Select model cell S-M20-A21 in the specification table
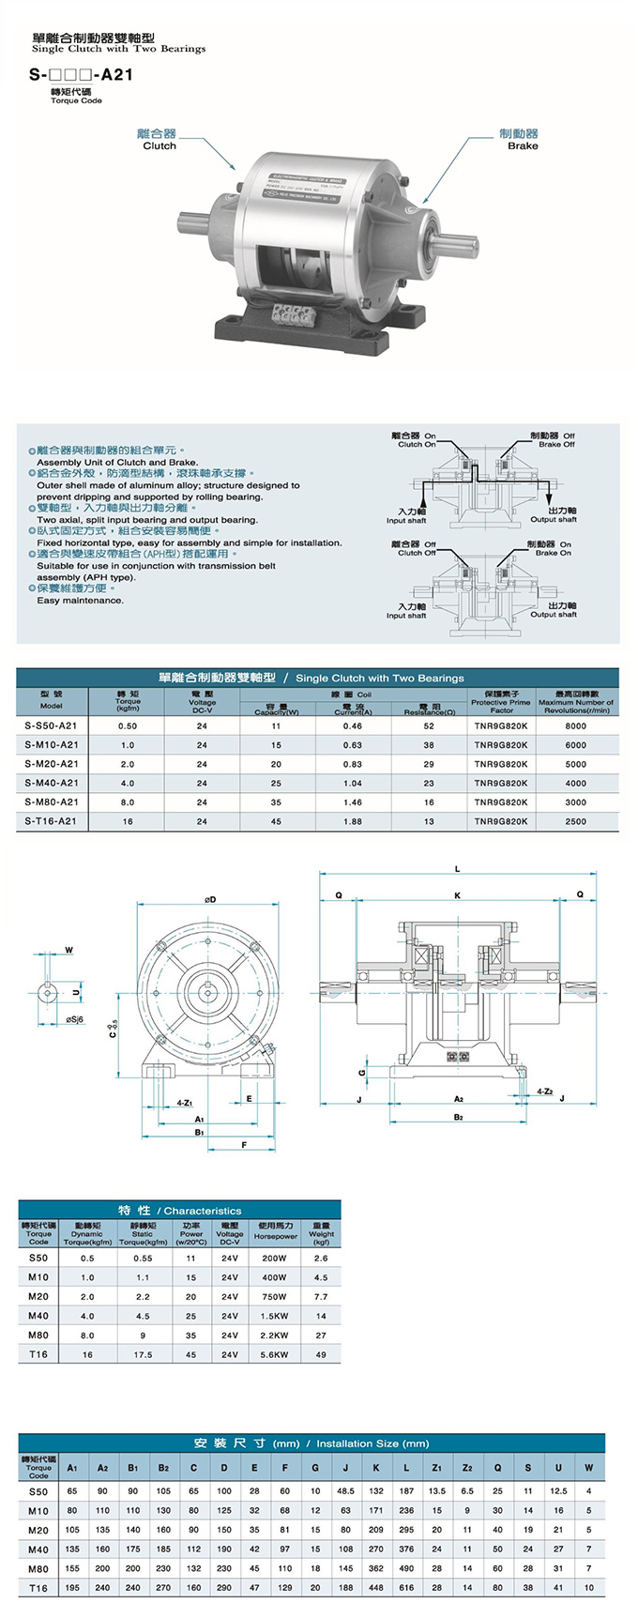point(52,764)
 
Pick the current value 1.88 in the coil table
point(353,821)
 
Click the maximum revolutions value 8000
point(575,725)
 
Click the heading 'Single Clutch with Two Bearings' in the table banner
point(379,678)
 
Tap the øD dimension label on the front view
point(210,900)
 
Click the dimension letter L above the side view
point(458,868)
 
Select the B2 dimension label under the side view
point(458,1117)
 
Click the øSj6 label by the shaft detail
point(75,1019)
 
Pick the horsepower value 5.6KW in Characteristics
point(274,1354)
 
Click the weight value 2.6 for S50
point(321,1258)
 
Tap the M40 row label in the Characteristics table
point(38,1316)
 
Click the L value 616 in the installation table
point(406,1588)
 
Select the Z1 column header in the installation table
point(436,1467)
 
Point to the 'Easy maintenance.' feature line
point(80,601)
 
